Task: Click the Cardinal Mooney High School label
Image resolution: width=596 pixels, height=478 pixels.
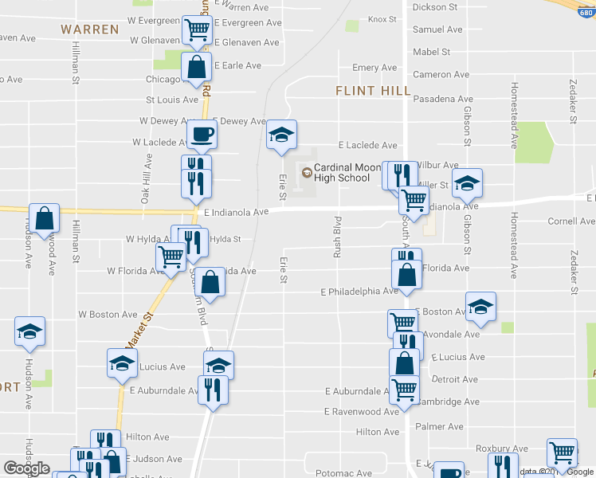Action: (342, 173)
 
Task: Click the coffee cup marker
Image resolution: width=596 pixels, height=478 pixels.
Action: (201, 135)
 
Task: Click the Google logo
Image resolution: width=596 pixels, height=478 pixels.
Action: (26, 469)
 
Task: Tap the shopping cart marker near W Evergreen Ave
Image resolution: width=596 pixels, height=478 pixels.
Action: (197, 31)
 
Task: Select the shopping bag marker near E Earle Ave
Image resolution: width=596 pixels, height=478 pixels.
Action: (196, 68)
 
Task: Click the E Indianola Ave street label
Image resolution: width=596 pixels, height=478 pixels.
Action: (236, 213)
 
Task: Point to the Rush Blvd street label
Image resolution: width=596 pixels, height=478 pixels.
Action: (337, 231)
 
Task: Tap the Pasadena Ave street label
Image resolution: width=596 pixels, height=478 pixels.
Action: (443, 99)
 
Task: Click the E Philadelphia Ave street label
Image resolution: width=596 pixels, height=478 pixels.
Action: (359, 292)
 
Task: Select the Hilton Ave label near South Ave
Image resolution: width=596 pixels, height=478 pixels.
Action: (377, 432)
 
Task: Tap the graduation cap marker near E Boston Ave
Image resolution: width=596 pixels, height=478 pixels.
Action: (480, 307)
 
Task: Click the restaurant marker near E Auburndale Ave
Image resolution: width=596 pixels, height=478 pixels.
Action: (213, 390)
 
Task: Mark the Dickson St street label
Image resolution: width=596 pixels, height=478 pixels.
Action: (434, 7)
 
